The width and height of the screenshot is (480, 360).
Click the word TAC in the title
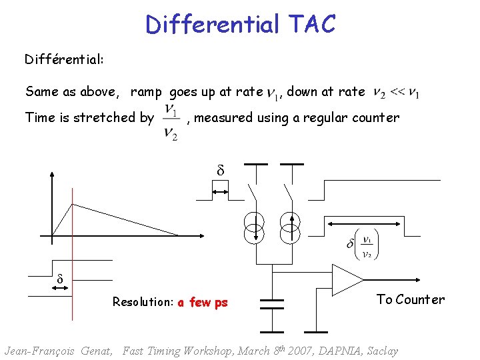pos(312,25)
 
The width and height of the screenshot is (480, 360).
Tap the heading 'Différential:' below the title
pos(64,59)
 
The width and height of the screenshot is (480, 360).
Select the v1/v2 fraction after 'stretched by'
pos(171,121)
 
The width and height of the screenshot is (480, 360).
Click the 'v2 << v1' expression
pos(396,92)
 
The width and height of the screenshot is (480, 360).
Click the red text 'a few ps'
pos(203,302)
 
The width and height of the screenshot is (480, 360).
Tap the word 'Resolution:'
pos(143,302)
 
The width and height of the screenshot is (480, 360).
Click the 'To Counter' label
pos(410,299)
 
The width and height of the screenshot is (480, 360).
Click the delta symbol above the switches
pos(221,171)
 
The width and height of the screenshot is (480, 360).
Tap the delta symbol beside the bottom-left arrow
pos(59,279)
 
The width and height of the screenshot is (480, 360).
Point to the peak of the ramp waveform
pos(73,204)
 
